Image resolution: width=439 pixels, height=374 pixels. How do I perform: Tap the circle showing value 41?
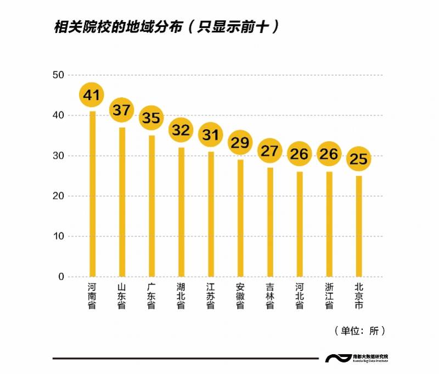(x=92, y=96)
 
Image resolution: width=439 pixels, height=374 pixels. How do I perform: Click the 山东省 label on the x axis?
(x=122, y=296)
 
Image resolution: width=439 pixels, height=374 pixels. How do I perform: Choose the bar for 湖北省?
(x=181, y=214)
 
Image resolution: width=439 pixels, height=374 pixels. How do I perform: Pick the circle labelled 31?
(x=211, y=135)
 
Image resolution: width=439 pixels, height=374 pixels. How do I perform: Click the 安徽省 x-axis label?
(x=240, y=296)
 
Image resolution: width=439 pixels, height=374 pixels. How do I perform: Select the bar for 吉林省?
(x=270, y=225)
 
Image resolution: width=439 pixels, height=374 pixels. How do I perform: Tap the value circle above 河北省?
(x=300, y=154)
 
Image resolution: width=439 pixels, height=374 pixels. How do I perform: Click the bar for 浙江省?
(x=329, y=228)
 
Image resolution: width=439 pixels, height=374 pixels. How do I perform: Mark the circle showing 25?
(x=359, y=159)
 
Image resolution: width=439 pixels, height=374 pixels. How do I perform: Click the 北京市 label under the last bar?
(x=359, y=296)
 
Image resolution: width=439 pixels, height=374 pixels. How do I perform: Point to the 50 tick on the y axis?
(x=58, y=75)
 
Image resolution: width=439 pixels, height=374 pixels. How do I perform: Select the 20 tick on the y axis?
(x=58, y=196)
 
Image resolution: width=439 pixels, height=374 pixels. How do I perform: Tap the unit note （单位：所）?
(x=359, y=331)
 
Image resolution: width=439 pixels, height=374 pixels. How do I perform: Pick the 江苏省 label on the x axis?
(x=211, y=296)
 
